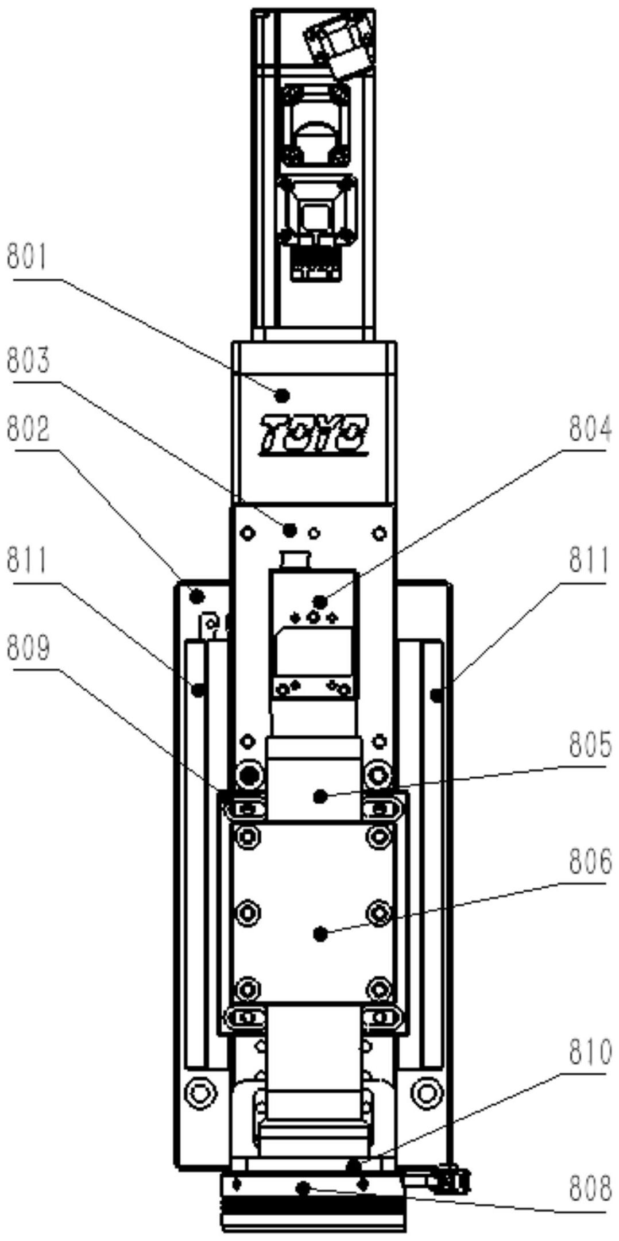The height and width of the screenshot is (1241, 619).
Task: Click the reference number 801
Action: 28,257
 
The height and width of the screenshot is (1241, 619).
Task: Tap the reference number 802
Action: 28,429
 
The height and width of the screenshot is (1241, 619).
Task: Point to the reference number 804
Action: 590,429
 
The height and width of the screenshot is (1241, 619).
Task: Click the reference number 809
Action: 28,648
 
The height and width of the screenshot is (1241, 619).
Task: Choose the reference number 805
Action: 590,745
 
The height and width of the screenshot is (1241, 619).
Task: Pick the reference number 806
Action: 590,862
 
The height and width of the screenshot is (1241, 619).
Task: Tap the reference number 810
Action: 590,1053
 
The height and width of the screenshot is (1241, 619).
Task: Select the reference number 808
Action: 590,1189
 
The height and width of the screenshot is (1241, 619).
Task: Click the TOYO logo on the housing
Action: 314,435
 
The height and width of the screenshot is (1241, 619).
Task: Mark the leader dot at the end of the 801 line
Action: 282,395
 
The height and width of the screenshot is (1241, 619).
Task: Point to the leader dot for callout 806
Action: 321,934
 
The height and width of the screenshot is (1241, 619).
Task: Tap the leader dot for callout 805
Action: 320,796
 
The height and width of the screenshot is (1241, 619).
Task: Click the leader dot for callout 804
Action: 320,602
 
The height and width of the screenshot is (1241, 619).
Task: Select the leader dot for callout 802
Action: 197,596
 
